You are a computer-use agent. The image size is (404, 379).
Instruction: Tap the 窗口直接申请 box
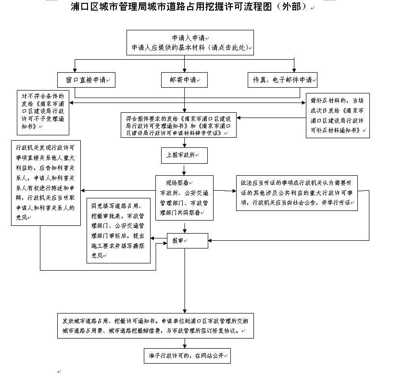click(x=88, y=80)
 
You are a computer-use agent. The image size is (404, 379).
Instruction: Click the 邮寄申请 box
click(x=184, y=80)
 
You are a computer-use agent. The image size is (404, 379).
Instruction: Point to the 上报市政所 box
click(x=184, y=155)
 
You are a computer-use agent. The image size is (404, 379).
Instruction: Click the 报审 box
click(x=187, y=241)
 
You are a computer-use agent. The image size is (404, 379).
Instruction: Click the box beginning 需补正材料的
click(x=338, y=115)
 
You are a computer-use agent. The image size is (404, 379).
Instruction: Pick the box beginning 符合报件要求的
click(x=178, y=125)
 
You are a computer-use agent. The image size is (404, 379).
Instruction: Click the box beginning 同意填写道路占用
click(x=118, y=230)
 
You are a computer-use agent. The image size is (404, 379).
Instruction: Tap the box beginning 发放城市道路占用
click(x=155, y=326)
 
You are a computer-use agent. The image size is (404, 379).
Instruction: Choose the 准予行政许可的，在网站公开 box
click(x=187, y=356)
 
